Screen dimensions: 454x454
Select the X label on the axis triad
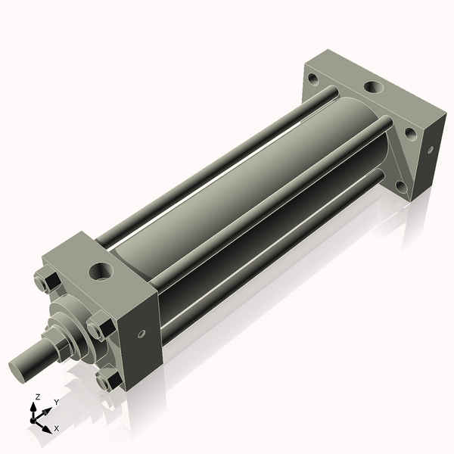point(56,428)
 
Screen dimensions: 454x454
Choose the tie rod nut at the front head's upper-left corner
point(45,282)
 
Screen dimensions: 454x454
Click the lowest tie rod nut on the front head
point(108,379)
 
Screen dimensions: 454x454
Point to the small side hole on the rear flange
point(430,150)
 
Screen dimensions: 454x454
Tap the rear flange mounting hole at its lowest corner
point(401,186)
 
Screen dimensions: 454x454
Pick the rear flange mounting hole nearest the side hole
point(410,134)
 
